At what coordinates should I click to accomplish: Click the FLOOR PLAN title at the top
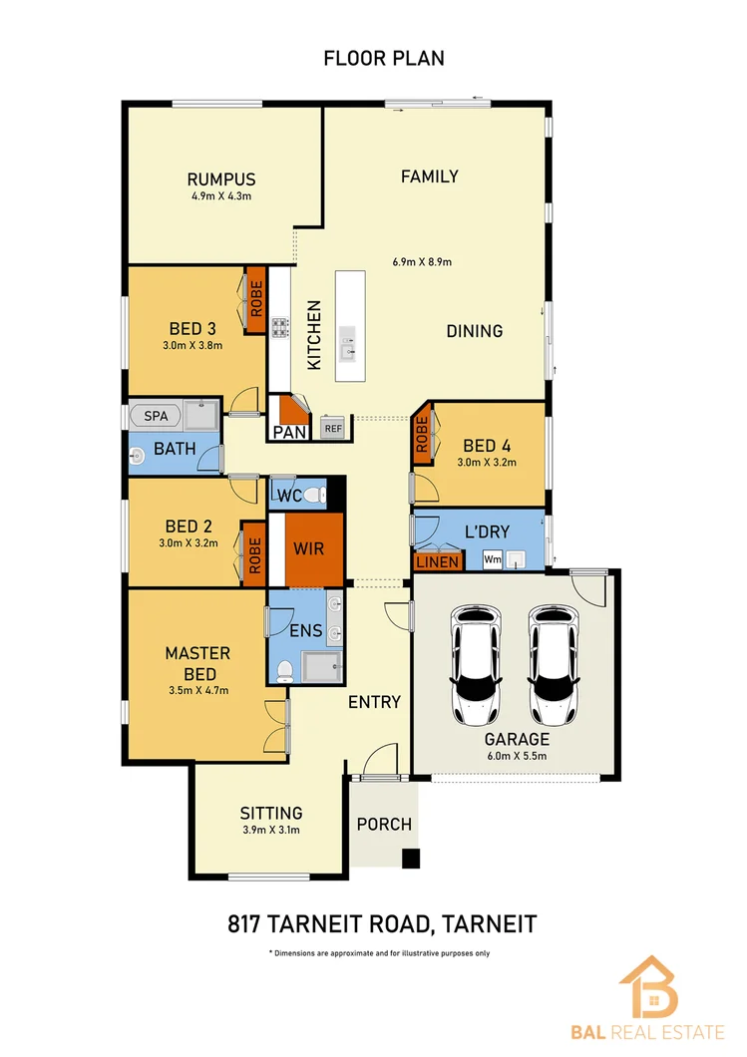coord(384,58)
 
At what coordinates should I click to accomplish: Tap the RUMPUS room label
coord(221,179)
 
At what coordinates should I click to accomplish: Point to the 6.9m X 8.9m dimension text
coord(423,263)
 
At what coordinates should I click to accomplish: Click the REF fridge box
coord(332,429)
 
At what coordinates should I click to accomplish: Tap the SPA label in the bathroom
coord(156,415)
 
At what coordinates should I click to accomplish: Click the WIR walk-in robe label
coord(308,548)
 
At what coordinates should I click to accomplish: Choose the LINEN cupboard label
coord(438,562)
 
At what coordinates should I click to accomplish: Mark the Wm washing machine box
coord(492,560)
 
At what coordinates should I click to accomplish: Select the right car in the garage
coord(555,665)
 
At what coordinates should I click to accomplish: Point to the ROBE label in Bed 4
coord(422,434)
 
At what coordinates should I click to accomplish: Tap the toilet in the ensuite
coord(285,671)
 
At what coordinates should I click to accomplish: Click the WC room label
coord(289,496)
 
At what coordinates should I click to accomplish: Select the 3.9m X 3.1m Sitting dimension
coord(271,830)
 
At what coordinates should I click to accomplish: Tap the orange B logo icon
coord(648,988)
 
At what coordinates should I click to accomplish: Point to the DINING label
coord(474,331)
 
